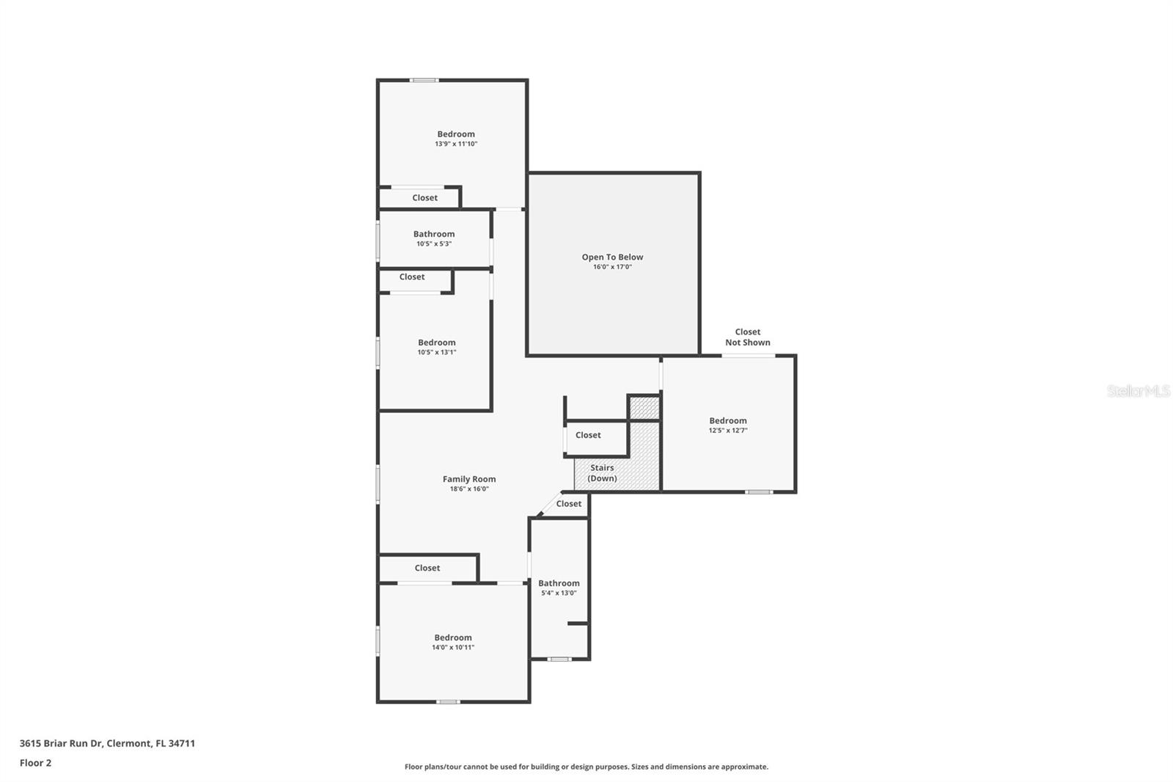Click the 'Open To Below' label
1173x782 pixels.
[x=612, y=257]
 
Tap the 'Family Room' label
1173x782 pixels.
[x=468, y=479]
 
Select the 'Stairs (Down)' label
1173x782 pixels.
[x=602, y=472]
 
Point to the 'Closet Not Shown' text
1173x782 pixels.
[x=747, y=337]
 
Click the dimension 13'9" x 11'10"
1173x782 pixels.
[x=456, y=144]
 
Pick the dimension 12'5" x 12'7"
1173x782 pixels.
[x=728, y=431]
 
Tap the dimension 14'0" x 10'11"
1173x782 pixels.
[x=453, y=647]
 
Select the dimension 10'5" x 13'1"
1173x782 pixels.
[x=437, y=352]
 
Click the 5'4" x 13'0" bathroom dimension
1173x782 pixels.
[x=559, y=593]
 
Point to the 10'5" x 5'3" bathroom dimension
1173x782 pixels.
[x=433, y=244]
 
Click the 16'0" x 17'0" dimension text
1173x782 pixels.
[x=612, y=267]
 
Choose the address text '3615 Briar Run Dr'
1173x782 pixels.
[x=61, y=743]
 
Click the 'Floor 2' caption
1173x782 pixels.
[x=36, y=763]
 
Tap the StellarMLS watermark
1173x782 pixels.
[x=1139, y=390]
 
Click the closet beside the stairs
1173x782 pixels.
[x=588, y=435]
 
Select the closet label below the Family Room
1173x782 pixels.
[x=427, y=568]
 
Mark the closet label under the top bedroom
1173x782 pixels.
[x=424, y=197]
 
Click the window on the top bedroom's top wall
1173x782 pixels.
[x=424, y=80]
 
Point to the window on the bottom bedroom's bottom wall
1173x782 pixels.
[x=448, y=702]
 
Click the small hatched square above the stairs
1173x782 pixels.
[x=644, y=409]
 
